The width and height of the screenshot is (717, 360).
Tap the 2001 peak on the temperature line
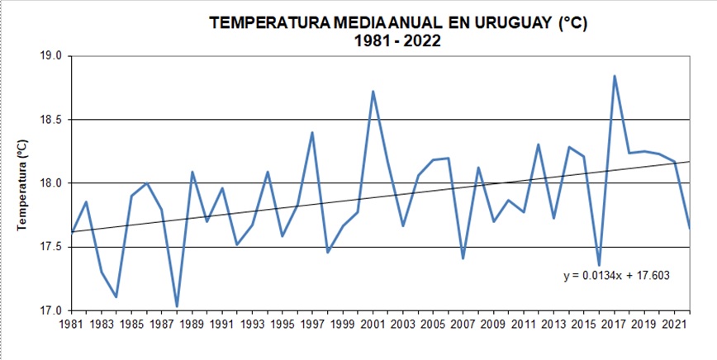(x=373, y=92)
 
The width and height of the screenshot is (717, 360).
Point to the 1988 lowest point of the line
(x=177, y=306)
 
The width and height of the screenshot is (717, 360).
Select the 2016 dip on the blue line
(x=599, y=265)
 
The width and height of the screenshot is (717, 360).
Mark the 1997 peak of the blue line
(x=312, y=132)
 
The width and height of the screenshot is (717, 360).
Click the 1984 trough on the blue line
(x=116, y=296)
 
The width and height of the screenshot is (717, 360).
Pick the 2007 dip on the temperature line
(x=463, y=258)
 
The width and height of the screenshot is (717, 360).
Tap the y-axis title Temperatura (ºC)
(x=22, y=183)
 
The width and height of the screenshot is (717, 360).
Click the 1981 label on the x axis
(x=71, y=324)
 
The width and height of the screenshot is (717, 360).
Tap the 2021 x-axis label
(x=675, y=324)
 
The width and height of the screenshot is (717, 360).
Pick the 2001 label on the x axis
(x=373, y=324)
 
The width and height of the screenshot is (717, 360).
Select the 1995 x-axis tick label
(x=283, y=324)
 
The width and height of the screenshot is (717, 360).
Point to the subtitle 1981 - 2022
(x=393, y=40)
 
